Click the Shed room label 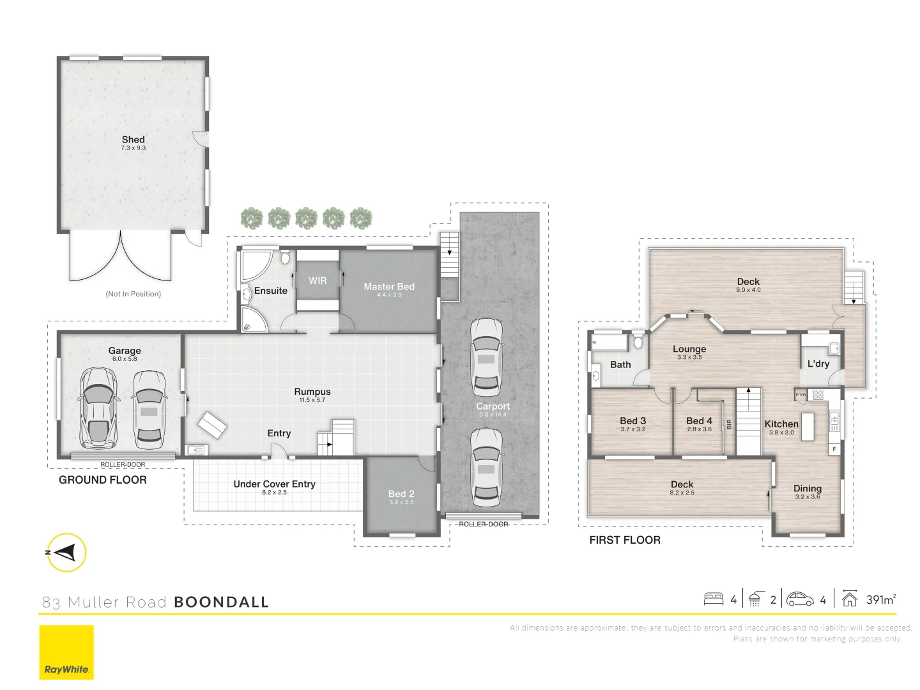[133, 139]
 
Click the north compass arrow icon [66, 552]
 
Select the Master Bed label [389, 287]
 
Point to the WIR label [318, 280]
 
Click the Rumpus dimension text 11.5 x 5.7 [312, 401]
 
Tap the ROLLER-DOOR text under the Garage [123, 464]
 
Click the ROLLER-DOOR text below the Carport [484, 524]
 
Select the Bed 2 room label [401, 494]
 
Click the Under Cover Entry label [274, 484]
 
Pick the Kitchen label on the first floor [781, 424]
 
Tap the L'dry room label [818, 364]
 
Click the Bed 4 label [699, 421]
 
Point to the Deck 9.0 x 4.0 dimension [748, 290]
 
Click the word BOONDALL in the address [221, 602]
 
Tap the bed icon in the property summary [713, 599]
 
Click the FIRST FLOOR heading [624, 540]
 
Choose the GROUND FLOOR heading [103, 480]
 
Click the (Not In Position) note [133, 294]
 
